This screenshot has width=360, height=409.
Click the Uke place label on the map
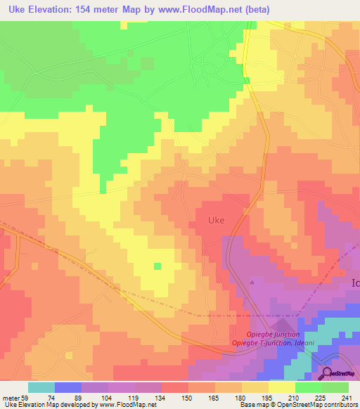click(217, 220)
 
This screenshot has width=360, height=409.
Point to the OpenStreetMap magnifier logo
click(327, 373)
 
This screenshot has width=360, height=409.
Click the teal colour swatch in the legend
click(41, 387)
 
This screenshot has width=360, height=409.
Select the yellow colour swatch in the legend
click(282, 387)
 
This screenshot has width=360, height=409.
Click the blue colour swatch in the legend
click(68, 387)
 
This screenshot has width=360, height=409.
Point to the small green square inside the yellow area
click(157, 266)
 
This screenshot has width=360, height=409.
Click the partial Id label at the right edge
click(354, 282)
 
